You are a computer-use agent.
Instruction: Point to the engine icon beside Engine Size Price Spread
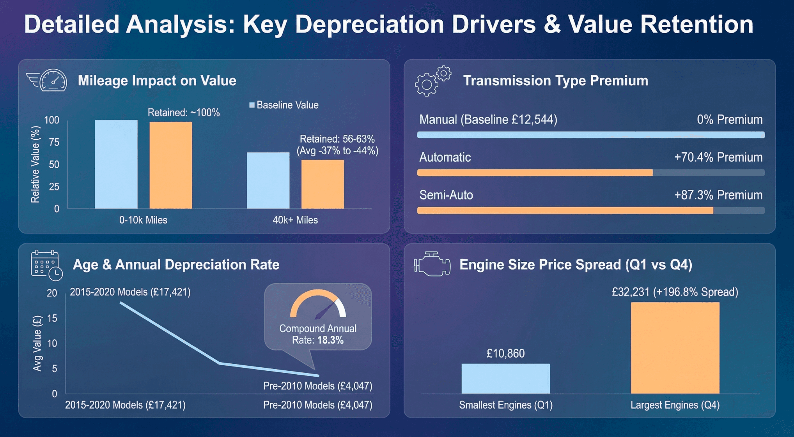(x=432, y=264)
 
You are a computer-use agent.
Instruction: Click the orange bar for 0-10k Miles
(x=171, y=165)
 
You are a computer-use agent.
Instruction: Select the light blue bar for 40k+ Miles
(x=268, y=180)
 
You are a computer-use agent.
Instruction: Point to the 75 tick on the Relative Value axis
(x=54, y=143)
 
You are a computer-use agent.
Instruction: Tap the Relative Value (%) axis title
(x=35, y=164)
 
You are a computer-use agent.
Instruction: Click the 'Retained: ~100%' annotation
(x=184, y=113)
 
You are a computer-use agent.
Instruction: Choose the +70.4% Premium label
(x=718, y=157)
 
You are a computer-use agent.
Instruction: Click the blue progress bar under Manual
(x=590, y=135)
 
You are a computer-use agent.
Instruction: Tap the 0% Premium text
(x=730, y=120)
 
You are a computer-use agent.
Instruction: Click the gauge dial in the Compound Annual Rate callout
(x=318, y=305)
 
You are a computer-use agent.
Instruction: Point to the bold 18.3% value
(x=330, y=340)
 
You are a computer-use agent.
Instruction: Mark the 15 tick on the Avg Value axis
(x=52, y=319)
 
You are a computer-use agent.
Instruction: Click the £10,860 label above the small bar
(x=505, y=354)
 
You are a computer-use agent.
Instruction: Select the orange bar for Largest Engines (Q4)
(x=675, y=348)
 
